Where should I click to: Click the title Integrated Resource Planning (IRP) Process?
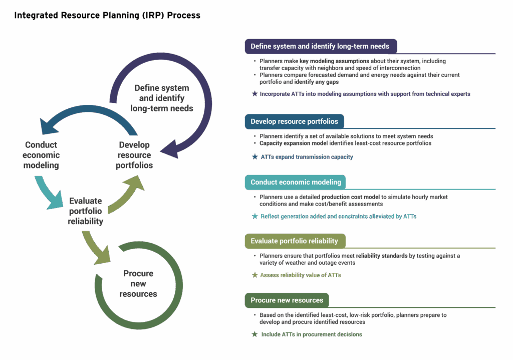[x=107, y=15]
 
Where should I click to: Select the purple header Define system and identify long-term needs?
[x=320, y=46]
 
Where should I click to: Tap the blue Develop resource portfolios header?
[x=294, y=121]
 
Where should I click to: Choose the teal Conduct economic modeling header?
[x=296, y=182]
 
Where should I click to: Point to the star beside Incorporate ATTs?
[x=254, y=94]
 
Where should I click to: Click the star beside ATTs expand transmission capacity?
[x=254, y=157]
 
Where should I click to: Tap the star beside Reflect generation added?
[x=254, y=217]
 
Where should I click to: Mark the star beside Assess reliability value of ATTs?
[x=254, y=275]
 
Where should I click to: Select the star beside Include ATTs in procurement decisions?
[x=254, y=334]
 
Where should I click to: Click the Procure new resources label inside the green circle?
[x=138, y=283]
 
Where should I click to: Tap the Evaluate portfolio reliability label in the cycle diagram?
[x=86, y=211]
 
